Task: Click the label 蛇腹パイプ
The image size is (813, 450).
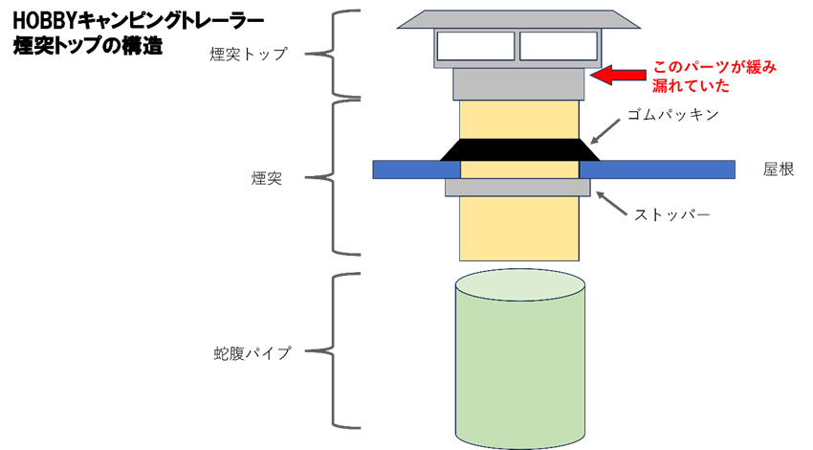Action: pos(252,351)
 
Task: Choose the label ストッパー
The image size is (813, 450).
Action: pos(672,214)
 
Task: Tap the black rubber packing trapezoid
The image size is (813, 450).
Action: pos(520,149)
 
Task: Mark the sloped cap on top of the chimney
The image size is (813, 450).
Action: pos(518,20)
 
